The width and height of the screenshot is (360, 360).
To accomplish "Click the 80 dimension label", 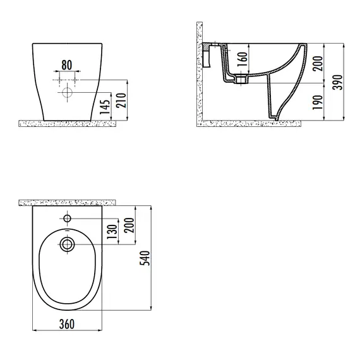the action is (x=66, y=65).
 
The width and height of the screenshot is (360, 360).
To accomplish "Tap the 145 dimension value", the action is (x=105, y=107).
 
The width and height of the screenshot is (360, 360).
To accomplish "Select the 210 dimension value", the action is (x=121, y=100).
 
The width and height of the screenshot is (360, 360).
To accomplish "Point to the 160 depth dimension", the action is (x=243, y=59).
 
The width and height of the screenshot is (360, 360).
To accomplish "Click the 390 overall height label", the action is (x=337, y=82).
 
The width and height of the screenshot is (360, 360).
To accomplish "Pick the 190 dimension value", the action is (x=318, y=102).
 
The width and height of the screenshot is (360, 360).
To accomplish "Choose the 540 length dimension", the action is (x=145, y=258).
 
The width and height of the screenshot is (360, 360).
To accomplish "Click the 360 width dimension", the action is (x=67, y=324).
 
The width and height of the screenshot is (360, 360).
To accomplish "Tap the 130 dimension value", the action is (x=112, y=232).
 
